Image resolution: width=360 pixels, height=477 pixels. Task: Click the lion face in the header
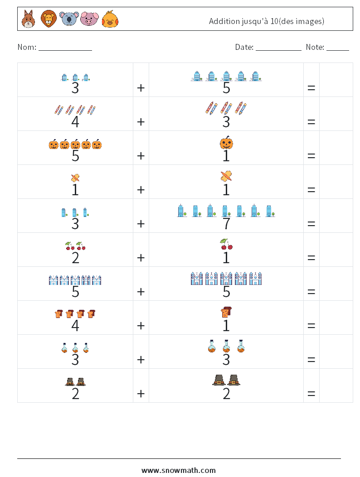click(x=48, y=19)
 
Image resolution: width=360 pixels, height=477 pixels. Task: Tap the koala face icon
click(x=69, y=19)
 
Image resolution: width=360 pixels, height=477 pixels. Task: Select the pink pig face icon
click(x=89, y=19)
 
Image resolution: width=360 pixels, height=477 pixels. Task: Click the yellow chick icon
click(x=110, y=19)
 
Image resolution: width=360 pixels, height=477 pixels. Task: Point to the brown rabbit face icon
click(x=28, y=19)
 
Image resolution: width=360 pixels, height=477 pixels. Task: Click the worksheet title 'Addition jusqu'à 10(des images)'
click(x=267, y=21)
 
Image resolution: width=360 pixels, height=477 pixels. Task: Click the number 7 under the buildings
click(x=226, y=223)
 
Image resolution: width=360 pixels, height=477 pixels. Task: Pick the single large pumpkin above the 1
click(x=226, y=143)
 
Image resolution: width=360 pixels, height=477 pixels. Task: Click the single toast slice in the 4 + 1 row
click(x=226, y=313)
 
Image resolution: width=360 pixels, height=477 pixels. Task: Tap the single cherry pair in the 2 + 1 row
click(x=226, y=245)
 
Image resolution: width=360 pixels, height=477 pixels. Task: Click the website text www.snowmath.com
click(x=179, y=470)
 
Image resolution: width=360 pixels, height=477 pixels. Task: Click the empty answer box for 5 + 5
click(x=336, y=284)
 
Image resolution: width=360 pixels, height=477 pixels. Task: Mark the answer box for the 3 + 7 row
click(x=336, y=216)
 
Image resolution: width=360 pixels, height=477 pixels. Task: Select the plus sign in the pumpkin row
click(x=141, y=155)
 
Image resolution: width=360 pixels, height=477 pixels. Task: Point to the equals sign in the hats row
click(x=311, y=393)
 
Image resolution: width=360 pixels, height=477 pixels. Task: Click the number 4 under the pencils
click(x=75, y=121)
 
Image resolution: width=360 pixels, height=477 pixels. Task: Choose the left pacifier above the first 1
click(x=75, y=178)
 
